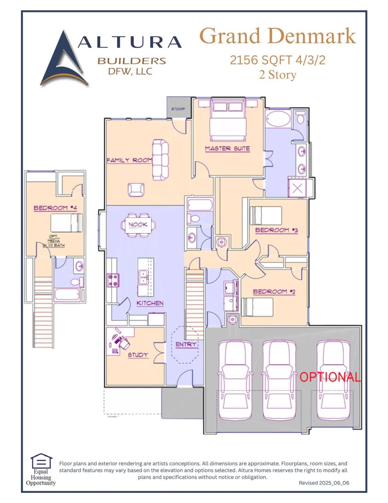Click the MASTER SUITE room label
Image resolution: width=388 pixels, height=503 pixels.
(227, 148)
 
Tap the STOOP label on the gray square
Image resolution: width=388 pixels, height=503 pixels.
(178, 109)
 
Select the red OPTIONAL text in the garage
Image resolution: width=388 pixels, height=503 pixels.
(330, 377)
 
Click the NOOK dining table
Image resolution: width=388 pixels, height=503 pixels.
(138, 225)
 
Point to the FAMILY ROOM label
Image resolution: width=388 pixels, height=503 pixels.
(129, 160)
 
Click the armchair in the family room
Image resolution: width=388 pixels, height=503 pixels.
(136, 190)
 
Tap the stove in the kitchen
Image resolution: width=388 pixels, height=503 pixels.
(113, 280)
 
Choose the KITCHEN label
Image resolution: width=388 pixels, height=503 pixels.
(150, 303)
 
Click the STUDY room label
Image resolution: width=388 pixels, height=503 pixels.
(138, 355)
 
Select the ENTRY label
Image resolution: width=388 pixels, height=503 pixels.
(186, 344)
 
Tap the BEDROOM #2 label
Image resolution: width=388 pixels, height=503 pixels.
(274, 292)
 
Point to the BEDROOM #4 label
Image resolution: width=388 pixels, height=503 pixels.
(55, 208)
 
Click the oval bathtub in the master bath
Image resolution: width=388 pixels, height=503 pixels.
(278, 119)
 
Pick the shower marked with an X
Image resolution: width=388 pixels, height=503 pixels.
(297, 188)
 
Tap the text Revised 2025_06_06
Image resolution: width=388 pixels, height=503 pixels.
(324, 483)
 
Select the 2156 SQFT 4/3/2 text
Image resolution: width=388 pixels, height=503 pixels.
(277, 60)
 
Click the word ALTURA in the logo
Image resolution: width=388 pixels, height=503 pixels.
(129, 42)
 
